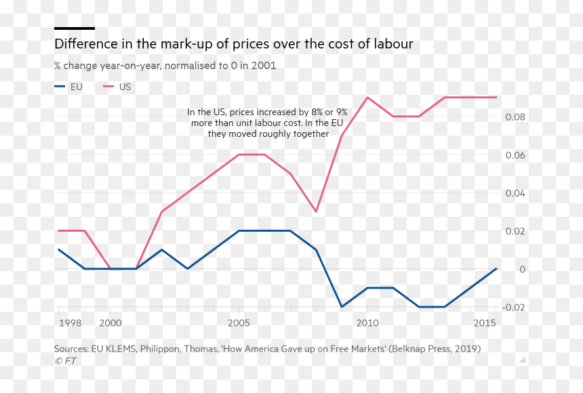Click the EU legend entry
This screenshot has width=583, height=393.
click(68, 87)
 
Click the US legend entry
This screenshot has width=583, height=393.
click(117, 87)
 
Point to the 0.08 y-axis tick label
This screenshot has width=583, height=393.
click(515, 117)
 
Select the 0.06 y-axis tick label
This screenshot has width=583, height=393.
click(515, 155)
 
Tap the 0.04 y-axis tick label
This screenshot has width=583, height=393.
click(515, 193)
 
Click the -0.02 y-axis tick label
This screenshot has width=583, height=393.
click(513, 308)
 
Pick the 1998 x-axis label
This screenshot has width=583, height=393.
click(71, 323)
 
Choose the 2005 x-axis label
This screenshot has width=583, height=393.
click(239, 323)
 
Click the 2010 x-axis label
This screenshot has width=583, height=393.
click(367, 323)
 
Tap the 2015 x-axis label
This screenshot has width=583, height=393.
click(485, 323)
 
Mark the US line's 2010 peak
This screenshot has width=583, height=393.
click(367, 98)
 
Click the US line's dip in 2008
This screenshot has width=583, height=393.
click(316, 211)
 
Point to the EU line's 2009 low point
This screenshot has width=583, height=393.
click(342, 307)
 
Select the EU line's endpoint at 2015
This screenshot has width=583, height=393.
click(496, 268)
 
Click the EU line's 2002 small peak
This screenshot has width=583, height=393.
click(162, 249)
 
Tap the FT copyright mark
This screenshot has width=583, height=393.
click(66, 360)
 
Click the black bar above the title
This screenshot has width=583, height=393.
click(75, 28)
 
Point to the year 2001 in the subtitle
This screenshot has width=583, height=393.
click(264, 66)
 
